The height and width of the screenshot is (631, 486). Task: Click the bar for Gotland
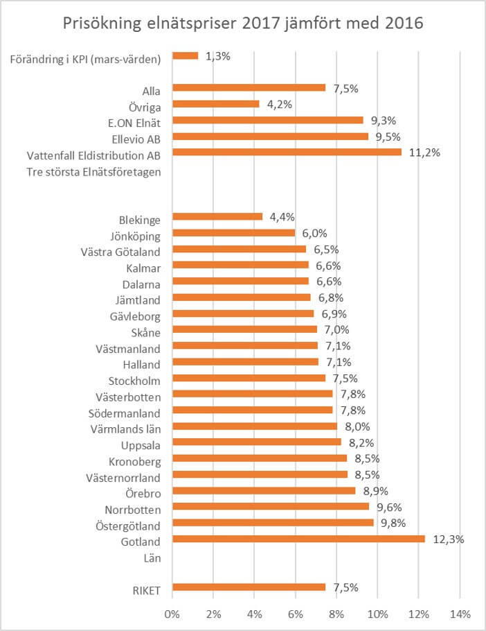click(298, 539)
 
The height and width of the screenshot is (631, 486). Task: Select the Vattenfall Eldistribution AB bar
click(286, 152)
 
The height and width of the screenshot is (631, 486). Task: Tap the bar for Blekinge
click(217, 216)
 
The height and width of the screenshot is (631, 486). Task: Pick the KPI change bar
click(185, 55)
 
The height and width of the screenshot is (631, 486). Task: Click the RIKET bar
click(249, 587)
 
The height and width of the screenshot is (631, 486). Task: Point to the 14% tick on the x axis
click(460, 614)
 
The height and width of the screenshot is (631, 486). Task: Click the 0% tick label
click(172, 614)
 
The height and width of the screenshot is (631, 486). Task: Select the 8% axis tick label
click(336, 614)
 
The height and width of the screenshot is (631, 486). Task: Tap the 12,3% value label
click(448, 539)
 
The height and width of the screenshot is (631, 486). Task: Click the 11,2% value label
click(424, 152)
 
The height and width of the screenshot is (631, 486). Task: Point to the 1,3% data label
click(219, 55)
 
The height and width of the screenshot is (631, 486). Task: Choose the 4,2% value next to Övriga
click(281, 104)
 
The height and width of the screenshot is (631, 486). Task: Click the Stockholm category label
click(134, 381)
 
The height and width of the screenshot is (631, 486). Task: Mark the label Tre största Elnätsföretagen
click(93, 172)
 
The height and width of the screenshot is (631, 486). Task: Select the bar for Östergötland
click(273, 523)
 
